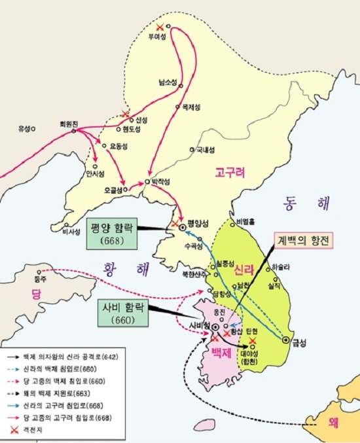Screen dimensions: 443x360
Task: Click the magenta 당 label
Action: point(37,295)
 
